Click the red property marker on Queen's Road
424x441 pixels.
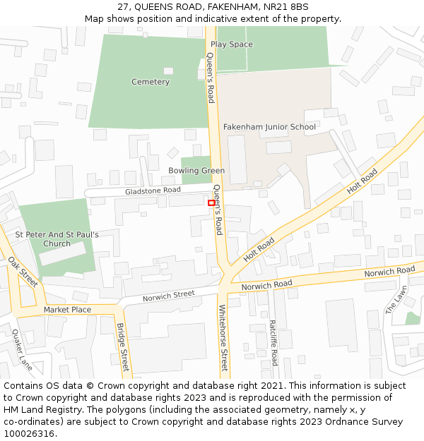(x=211, y=203)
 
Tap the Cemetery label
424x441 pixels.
(x=151, y=82)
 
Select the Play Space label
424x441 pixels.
(x=231, y=44)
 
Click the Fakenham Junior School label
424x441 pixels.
(x=269, y=127)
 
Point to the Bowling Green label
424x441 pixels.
(x=196, y=171)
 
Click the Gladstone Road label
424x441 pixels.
(x=153, y=191)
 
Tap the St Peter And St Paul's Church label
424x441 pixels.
(x=57, y=239)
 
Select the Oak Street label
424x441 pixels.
(x=23, y=272)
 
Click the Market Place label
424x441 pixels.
(x=67, y=310)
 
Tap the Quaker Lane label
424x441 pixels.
(x=21, y=351)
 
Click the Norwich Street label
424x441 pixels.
(x=168, y=296)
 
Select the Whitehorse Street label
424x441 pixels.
(x=223, y=338)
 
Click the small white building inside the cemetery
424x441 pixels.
(x=168, y=71)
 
